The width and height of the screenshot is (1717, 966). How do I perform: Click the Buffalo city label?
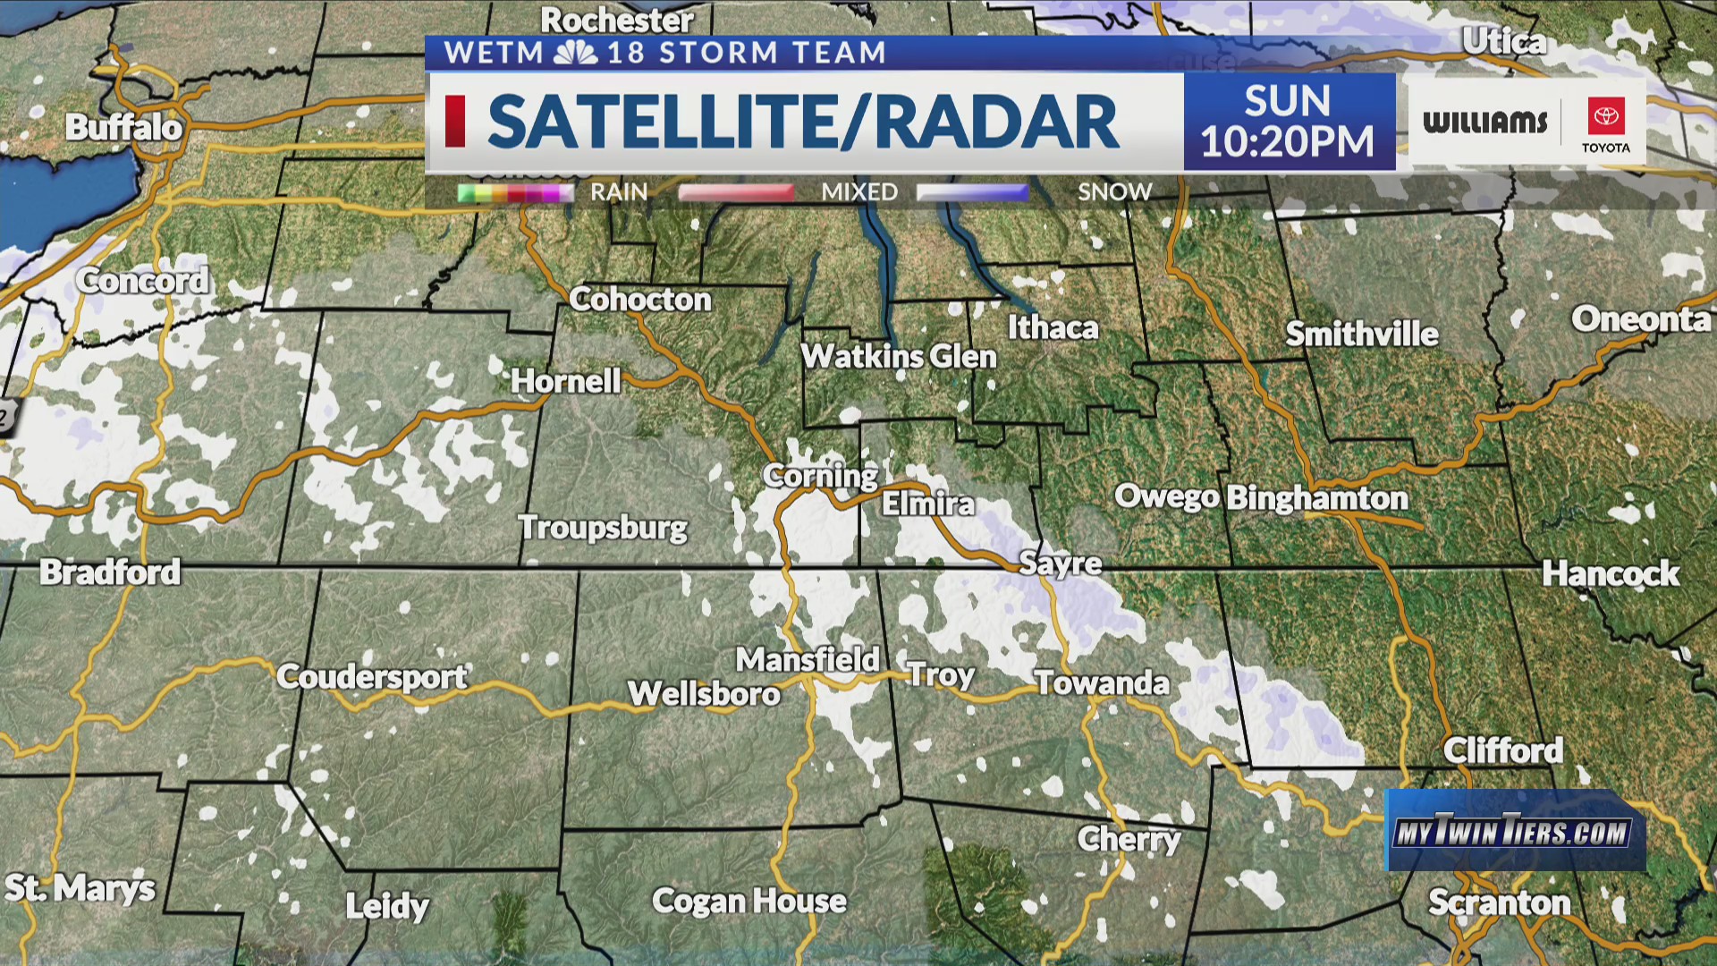pos(123,128)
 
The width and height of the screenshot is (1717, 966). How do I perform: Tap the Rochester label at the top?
pos(617,20)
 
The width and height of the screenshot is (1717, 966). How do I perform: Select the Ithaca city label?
pos(1053,328)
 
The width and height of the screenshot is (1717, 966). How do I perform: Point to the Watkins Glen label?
pos(898,357)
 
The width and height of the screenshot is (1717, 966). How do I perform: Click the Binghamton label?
pos(1316,497)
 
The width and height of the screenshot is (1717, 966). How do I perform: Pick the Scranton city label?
pos(1499,902)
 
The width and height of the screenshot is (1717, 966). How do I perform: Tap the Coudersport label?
pos(371,676)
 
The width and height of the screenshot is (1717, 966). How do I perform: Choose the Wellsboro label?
pos(704,694)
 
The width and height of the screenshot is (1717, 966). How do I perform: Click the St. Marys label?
pos(80,888)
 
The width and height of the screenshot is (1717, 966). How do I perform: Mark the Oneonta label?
pos(1641,319)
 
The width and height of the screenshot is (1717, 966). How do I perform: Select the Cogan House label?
pos(749,901)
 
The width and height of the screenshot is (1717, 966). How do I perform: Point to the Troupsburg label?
pos(603,528)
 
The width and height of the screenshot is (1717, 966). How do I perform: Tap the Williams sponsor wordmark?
pos(1484,122)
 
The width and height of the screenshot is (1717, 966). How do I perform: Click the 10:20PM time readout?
pos(1287,142)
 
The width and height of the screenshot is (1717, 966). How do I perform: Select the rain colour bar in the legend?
pos(514,192)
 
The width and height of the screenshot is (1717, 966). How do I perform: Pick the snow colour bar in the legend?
pos(972,192)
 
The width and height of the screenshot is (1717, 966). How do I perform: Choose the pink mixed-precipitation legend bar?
pos(736,192)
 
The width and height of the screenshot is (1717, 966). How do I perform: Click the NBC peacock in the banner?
pos(575,53)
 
